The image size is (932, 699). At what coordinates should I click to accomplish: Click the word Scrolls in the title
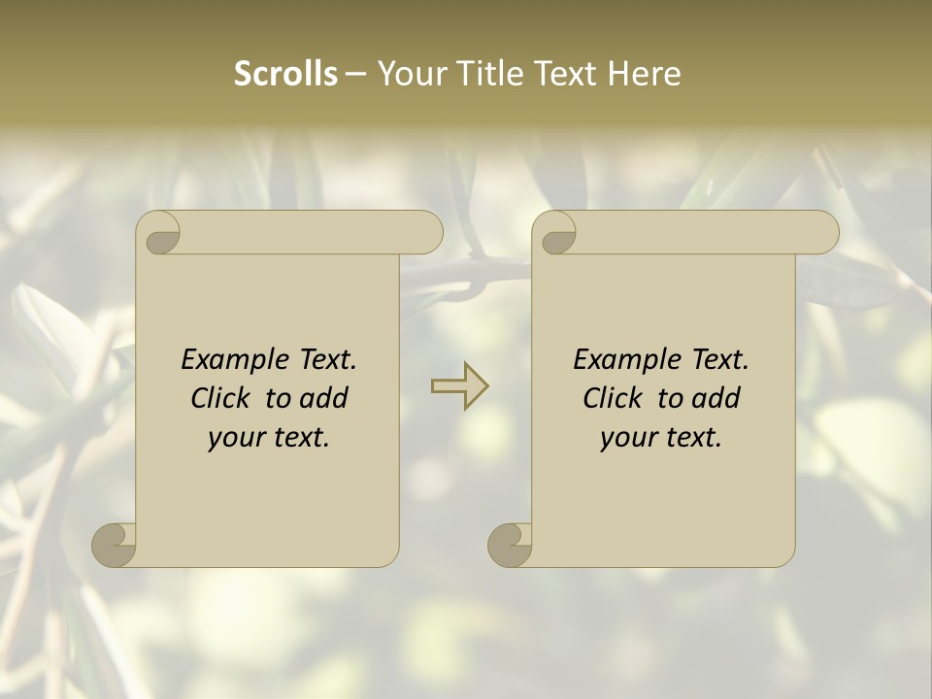click(x=285, y=74)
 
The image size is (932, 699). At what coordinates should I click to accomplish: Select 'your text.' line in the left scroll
click(x=269, y=438)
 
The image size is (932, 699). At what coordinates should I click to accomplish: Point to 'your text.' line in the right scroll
click(x=661, y=438)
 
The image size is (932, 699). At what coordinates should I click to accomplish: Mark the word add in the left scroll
click(x=324, y=399)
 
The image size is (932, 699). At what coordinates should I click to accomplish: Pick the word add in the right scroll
click(x=716, y=399)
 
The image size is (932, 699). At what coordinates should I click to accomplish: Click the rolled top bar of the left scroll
click(x=311, y=232)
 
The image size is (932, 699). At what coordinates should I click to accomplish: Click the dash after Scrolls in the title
click(x=355, y=74)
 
